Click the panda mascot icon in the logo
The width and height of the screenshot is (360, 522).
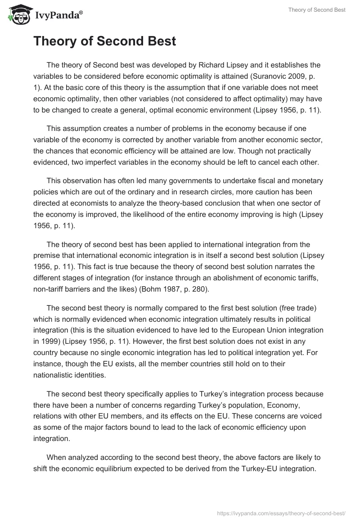[x=17, y=15]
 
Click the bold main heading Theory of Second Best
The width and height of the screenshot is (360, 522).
[x=104, y=42]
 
